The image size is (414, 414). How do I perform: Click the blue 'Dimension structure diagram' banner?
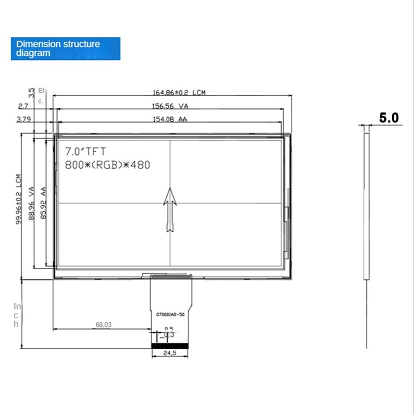pos(65,48)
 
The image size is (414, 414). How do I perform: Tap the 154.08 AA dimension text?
pos(169,120)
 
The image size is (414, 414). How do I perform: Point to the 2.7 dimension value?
pos(23,106)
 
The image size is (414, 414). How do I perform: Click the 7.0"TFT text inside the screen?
pos(85,152)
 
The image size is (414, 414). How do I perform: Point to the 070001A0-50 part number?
pos(170,314)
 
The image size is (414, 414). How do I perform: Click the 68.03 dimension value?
pos(103,326)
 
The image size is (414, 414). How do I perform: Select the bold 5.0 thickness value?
pos(389,118)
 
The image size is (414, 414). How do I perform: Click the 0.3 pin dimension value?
pos(169,335)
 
